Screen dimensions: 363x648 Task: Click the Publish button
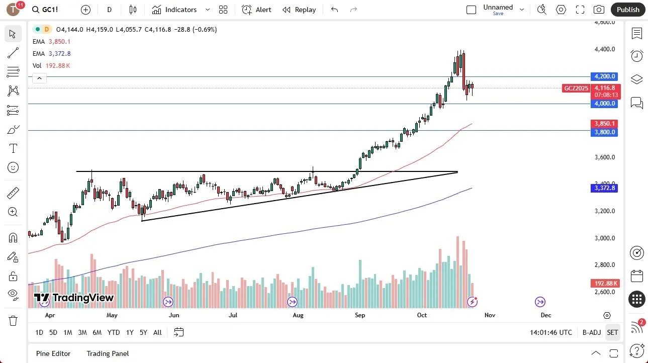pyautogui.click(x=628, y=10)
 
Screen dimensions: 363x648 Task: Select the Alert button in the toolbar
pyautogui.click(x=256, y=10)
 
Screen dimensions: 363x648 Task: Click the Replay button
pyautogui.click(x=299, y=10)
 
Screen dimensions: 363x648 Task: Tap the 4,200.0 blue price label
pyautogui.click(x=605, y=76)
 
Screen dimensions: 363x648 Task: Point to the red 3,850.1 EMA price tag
pyautogui.click(x=605, y=123)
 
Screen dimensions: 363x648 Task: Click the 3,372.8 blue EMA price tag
pyautogui.click(x=605, y=188)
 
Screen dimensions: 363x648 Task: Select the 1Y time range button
pyautogui.click(x=130, y=332)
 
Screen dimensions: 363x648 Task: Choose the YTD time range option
pyautogui.click(x=114, y=332)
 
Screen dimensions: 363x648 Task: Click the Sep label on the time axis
pyautogui.click(x=360, y=315)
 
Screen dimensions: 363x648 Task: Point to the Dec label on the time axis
pyautogui.click(x=546, y=315)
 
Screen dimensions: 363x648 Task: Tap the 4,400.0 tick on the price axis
pyautogui.click(x=605, y=49)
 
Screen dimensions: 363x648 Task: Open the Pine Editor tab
pyautogui.click(x=53, y=353)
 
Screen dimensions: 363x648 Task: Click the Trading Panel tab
pyautogui.click(x=108, y=353)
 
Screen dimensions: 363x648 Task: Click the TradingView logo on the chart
pyautogui.click(x=74, y=298)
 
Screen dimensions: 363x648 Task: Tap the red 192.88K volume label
pyautogui.click(x=605, y=284)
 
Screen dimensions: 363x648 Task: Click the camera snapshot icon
pyautogui.click(x=599, y=10)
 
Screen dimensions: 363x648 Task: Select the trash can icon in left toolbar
pyautogui.click(x=13, y=321)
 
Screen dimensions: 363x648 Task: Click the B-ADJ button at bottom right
pyautogui.click(x=592, y=332)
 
